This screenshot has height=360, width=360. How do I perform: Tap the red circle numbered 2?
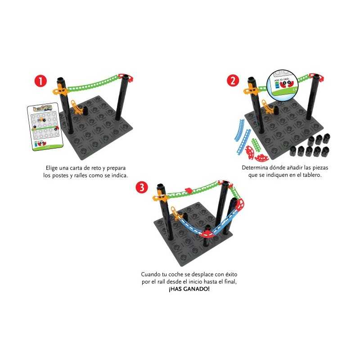[x=233, y=81]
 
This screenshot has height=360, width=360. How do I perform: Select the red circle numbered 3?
[x=143, y=188]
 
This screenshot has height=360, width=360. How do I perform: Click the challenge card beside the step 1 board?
[x=44, y=126]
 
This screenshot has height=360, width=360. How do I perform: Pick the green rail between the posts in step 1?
[x=94, y=83]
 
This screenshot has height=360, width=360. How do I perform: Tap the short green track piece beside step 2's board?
[x=256, y=144]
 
